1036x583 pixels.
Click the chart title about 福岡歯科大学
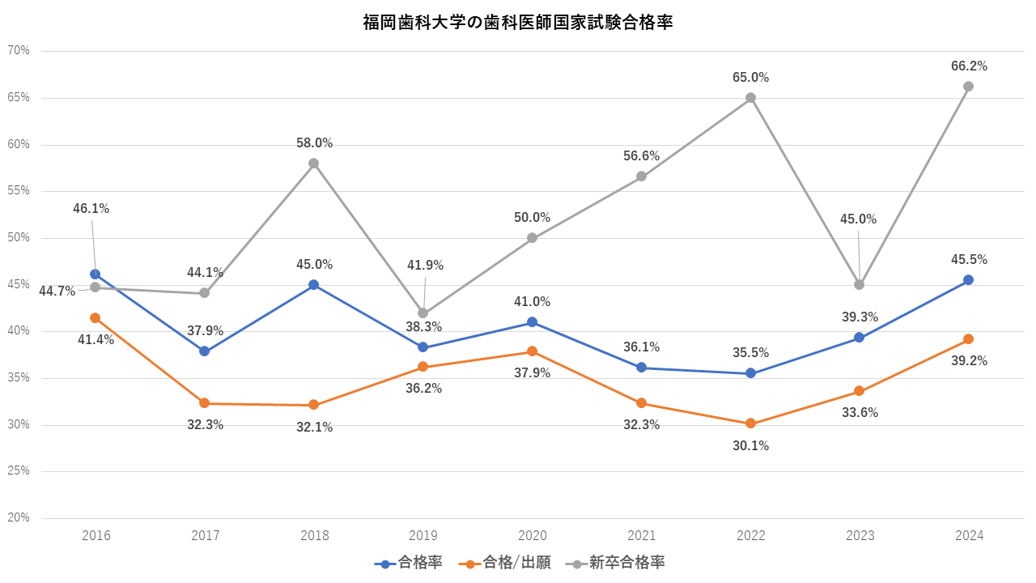coord(518,23)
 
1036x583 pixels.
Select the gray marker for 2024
coord(968,87)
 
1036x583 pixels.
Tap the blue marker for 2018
coord(313,285)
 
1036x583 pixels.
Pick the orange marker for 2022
coord(750,423)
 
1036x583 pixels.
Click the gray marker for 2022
coord(750,98)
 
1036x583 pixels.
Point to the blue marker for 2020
coord(532,322)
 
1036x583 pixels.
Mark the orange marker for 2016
coord(96,318)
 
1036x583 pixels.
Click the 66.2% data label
coord(969,66)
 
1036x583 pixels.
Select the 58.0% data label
coord(314,143)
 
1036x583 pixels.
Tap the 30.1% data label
coord(750,445)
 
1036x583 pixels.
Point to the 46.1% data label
coord(91,208)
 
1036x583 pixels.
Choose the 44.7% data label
coord(57,291)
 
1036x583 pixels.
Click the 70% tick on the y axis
coord(19,50)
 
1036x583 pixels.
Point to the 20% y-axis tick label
coord(19,517)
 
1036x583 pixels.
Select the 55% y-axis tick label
coord(19,190)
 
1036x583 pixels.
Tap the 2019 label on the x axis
coord(423,535)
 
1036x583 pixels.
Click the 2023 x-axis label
coord(860,535)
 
